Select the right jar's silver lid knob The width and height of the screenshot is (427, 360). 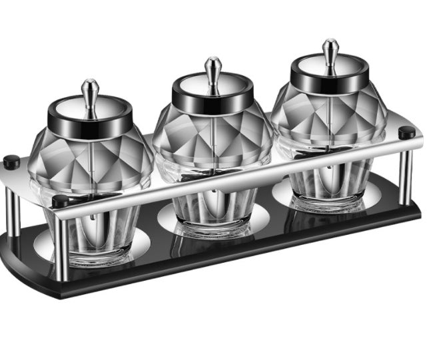[x=330, y=51]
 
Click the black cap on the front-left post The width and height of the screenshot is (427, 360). [x=60, y=201]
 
